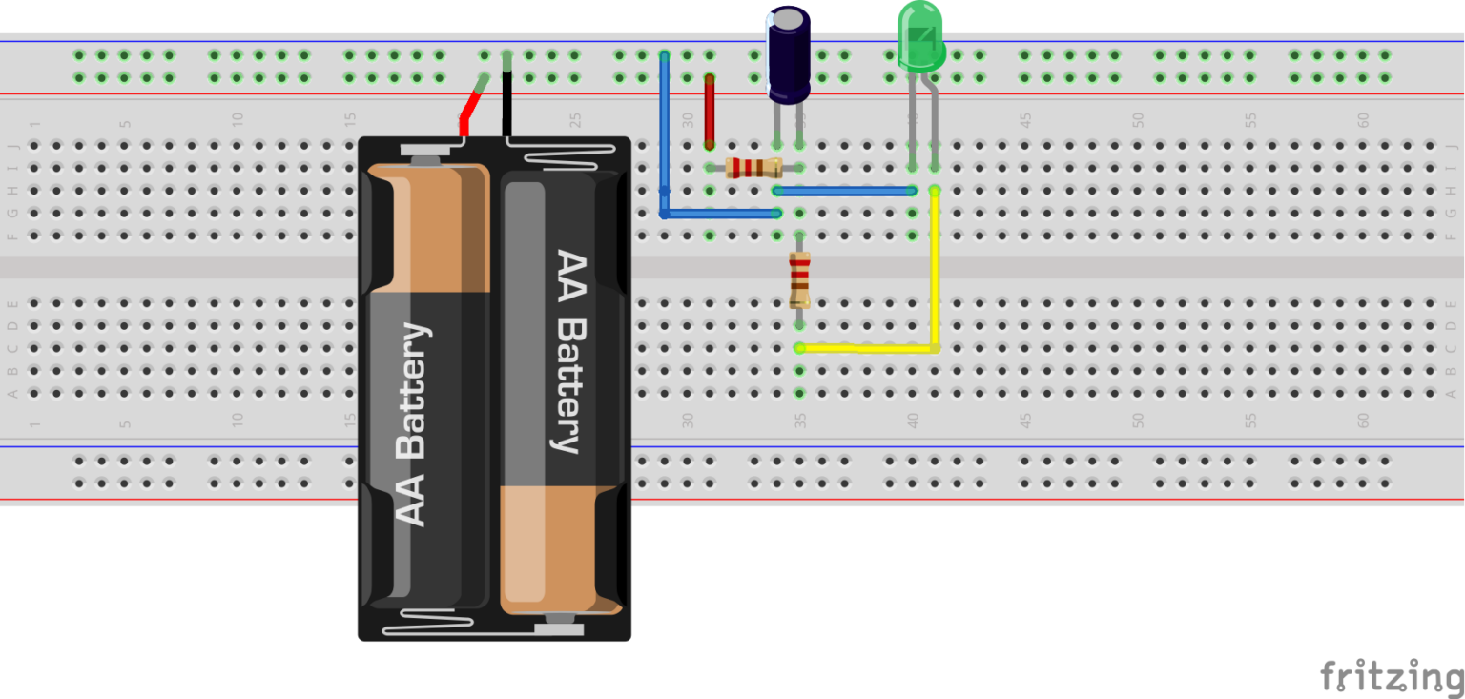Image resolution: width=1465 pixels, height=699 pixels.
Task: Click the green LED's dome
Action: [x=920, y=36]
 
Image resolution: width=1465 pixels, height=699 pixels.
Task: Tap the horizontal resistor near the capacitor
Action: [x=753, y=169]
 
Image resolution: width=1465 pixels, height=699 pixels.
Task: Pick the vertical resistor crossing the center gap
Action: [x=799, y=279]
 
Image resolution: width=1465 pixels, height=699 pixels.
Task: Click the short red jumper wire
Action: [x=709, y=110]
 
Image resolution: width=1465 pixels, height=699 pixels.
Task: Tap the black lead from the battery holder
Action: [x=506, y=95]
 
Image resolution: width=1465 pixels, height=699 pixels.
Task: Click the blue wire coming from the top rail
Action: [x=665, y=134]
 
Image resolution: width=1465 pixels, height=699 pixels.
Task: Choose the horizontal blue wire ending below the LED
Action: [x=845, y=191]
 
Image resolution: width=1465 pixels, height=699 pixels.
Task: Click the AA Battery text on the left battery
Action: [x=412, y=424]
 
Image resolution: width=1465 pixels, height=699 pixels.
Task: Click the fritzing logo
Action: [x=1392, y=676]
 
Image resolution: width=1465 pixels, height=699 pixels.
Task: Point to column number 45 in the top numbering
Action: [x=1025, y=121]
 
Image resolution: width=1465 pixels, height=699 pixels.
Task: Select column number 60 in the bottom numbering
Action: [x=1363, y=419]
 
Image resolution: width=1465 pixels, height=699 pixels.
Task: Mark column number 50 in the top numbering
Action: [x=1138, y=121]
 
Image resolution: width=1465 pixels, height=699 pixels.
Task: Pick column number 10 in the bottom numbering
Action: [x=237, y=419]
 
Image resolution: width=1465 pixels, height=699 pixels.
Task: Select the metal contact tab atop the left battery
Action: [x=425, y=150]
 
